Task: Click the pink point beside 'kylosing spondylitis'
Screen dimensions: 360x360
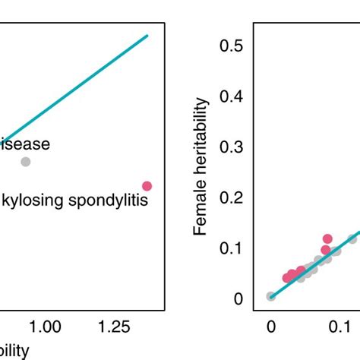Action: [x=147, y=186]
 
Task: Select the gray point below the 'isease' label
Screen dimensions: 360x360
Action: [x=25, y=161]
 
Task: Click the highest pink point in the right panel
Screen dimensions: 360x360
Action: [x=327, y=238]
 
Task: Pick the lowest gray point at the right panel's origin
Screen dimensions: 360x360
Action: [x=271, y=296]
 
